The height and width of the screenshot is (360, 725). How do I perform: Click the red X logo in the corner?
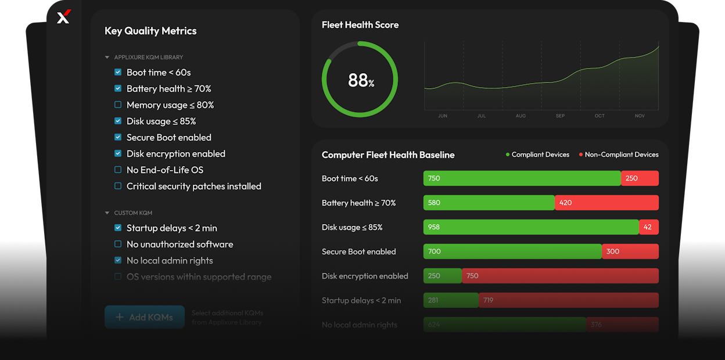click(64, 17)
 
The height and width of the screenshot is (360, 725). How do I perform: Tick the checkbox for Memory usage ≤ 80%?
click(118, 105)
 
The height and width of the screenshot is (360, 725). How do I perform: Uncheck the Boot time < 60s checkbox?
click(118, 73)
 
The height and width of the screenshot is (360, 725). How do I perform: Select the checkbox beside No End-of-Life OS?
click(118, 170)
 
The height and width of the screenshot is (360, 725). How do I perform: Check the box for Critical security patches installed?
click(118, 186)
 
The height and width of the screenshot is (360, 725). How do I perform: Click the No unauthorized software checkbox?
click(118, 244)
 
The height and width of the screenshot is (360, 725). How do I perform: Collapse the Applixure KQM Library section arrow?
click(107, 57)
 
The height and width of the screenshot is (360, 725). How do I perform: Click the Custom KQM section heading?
click(133, 213)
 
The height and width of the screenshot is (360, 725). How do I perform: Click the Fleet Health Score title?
click(360, 25)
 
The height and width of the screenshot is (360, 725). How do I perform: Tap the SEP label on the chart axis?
click(560, 116)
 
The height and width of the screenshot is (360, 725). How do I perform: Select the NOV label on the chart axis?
click(640, 116)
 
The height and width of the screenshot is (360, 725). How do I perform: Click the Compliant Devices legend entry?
click(537, 154)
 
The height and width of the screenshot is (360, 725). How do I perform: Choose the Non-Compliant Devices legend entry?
click(619, 154)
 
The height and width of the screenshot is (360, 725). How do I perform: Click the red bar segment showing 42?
click(648, 227)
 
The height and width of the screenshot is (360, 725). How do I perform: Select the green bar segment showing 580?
click(489, 203)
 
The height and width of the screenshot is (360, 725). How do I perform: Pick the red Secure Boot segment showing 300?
click(630, 251)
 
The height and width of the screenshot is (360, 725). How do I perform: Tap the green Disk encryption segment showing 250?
click(442, 276)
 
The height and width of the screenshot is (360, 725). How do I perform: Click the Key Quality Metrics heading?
click(150, 31)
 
